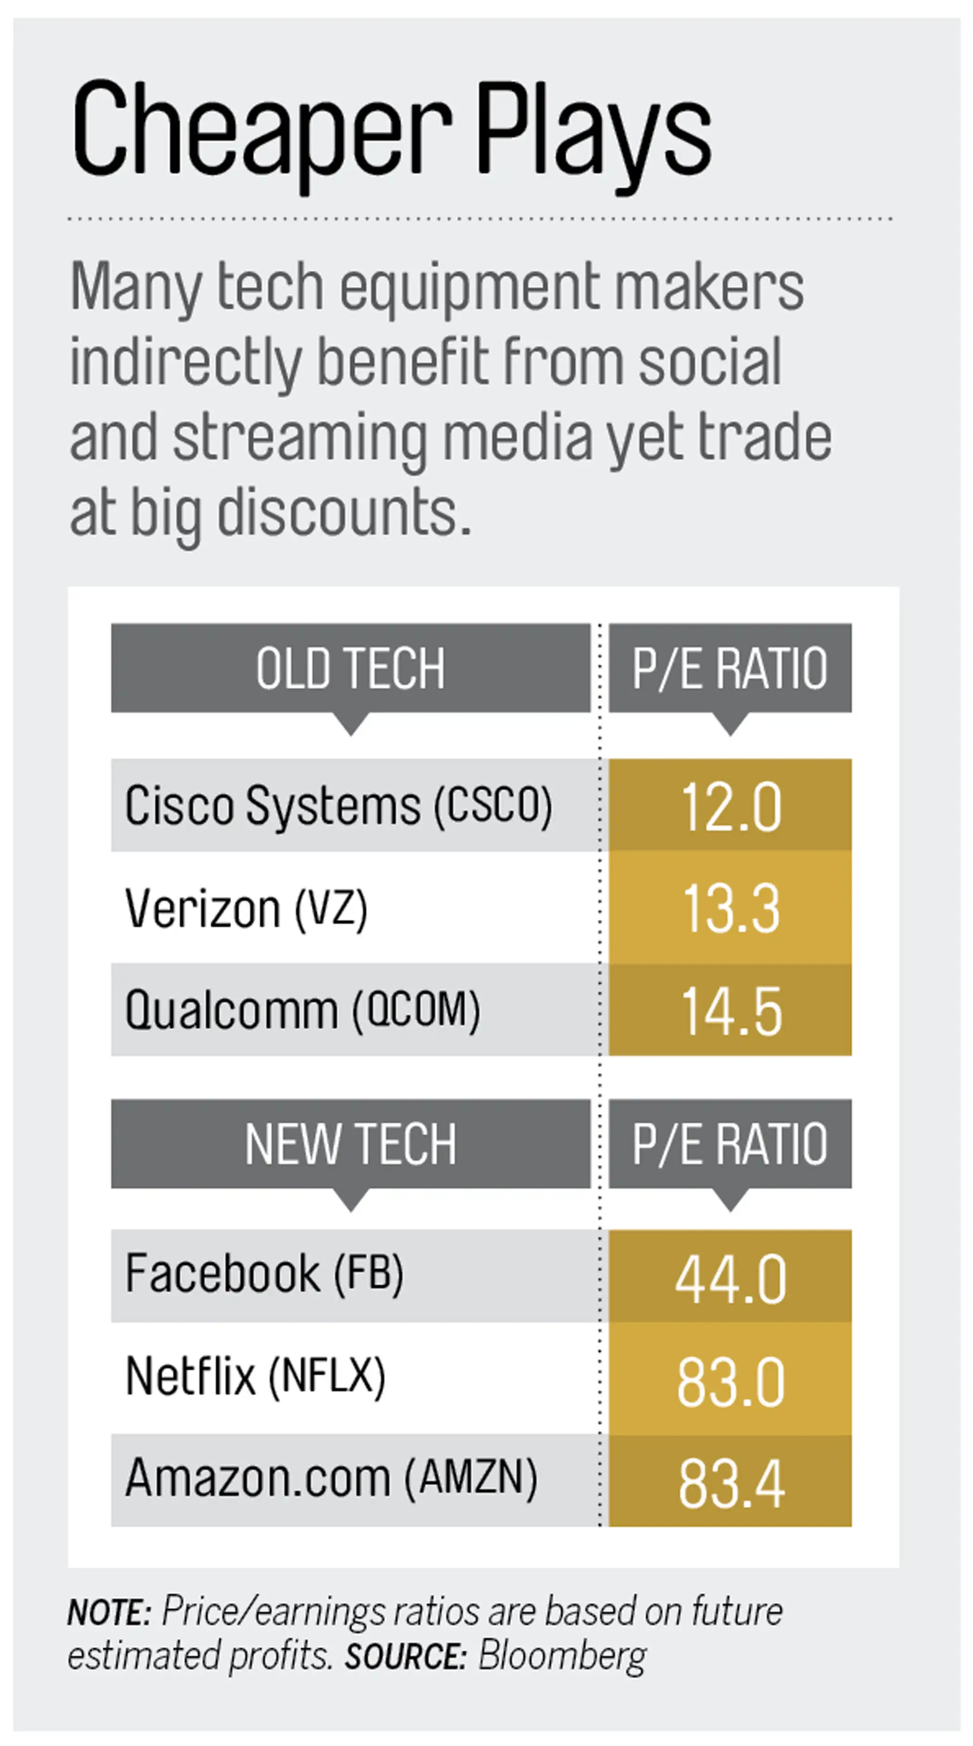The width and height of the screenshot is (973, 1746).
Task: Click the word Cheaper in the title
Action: pos(261,129)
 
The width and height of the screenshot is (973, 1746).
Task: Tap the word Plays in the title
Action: pos(593,132)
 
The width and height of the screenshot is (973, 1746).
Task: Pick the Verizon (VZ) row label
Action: pos(246,908)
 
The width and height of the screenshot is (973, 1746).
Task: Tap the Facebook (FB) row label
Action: pos(265,1273)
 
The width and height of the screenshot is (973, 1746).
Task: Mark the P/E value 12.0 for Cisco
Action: pos(730,807)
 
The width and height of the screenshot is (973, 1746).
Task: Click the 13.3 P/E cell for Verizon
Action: pos(730,908)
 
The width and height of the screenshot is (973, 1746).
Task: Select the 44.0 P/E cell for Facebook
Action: pos(730,1278)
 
